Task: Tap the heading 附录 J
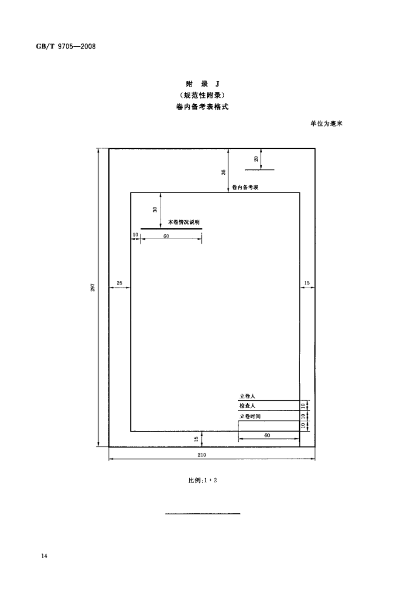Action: point(202,84)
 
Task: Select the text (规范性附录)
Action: point(202,95)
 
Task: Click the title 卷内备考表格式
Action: point(202,107)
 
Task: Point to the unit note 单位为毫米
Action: point(327,123)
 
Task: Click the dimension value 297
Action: point(93,288)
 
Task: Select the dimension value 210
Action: point(202,455)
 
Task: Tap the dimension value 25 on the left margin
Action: point(119,283)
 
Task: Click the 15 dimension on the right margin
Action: point(307,283)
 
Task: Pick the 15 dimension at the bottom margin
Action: point(196,439)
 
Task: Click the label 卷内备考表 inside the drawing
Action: point(245,188)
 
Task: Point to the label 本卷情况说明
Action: point(184,222)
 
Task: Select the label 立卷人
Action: point(247,396)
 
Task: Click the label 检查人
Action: point(247,406)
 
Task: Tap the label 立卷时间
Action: point(250,416)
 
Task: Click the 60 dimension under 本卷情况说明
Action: point(166,236)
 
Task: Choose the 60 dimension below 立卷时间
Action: point(267,435)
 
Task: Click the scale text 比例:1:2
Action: point(202,481)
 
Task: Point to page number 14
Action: point(44,556)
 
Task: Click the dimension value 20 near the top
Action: point(256,159)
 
